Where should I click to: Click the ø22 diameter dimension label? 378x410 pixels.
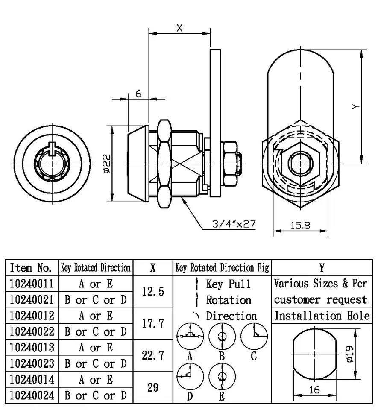coord(107,164)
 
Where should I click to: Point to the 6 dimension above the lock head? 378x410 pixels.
coord(138,94)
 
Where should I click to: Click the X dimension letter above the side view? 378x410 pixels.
coord(179,28)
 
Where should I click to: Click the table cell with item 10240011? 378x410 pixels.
coord(32,284)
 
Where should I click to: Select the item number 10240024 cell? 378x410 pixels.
coord(32,395)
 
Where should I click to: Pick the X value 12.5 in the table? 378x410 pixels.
coord(153,292)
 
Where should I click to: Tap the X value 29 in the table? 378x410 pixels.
coord(153,387)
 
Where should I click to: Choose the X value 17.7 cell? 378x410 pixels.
coord(153,324)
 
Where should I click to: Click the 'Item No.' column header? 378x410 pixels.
coord(31,268)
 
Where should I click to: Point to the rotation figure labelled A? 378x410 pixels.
coord(190,336)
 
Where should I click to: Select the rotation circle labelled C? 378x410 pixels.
coord(254,336)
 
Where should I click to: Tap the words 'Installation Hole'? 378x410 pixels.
coord(322,316)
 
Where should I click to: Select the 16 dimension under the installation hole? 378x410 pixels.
coord(314,389)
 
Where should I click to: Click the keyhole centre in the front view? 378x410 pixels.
coord(53,164)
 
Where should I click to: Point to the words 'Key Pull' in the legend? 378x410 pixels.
coord(229,284)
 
